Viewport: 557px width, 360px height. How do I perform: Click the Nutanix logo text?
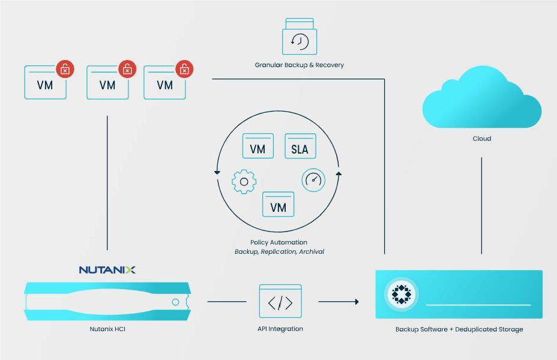tap(107, 270)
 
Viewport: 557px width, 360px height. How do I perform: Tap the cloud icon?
tap(482, 97)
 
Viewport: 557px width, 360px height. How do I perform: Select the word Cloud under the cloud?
tap(482, 139)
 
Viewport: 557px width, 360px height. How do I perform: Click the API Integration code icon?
tap(280, 301)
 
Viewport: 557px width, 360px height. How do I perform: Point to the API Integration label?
tap(280, 329)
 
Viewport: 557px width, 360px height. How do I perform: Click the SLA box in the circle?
tap(300, 146)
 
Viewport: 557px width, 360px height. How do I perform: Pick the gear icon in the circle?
tap(244, 182)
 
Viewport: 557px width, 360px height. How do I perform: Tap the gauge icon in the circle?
tap(313, 180)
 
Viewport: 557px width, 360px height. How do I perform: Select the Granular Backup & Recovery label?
tap(299, 65)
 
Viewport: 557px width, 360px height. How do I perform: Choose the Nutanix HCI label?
tap(107, 329)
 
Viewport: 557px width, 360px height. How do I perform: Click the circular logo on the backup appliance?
tap(402, 294)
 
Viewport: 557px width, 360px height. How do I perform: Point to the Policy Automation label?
tap(279, 242)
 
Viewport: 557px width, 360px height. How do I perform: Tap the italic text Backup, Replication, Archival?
tap(279, 252)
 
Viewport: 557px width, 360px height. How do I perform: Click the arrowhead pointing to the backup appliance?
tap(357, 302)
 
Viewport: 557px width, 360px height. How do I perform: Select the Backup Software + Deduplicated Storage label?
tap(459, 329)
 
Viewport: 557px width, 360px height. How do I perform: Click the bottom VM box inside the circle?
tap(278, 204)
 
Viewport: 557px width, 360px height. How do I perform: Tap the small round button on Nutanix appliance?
tap(175, 302)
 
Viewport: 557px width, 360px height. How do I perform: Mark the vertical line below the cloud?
tap(482, 206)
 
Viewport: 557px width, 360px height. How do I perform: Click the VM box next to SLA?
tap(258, 146)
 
